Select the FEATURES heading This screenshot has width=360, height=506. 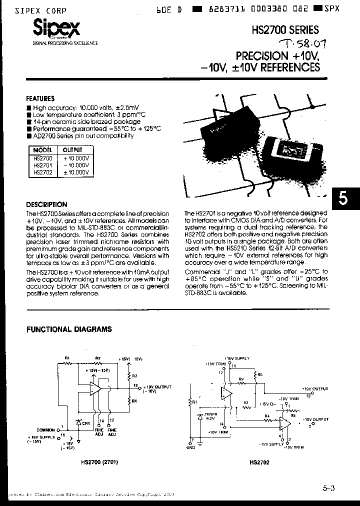click(x=40, y=98)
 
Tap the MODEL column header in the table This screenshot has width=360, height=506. click(x=42, y=150)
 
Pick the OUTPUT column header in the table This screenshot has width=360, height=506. click(x=73, y=150)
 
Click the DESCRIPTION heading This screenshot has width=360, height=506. click(x=46, y=204)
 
